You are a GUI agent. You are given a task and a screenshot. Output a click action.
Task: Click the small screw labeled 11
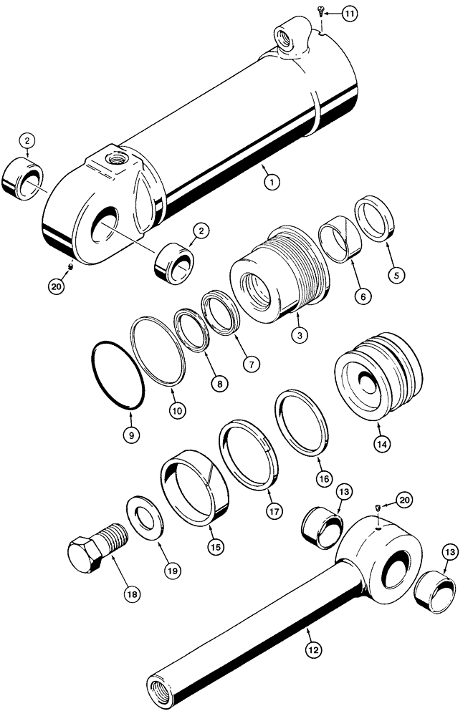320,12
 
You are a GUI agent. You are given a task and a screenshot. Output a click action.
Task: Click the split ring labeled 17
249,454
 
